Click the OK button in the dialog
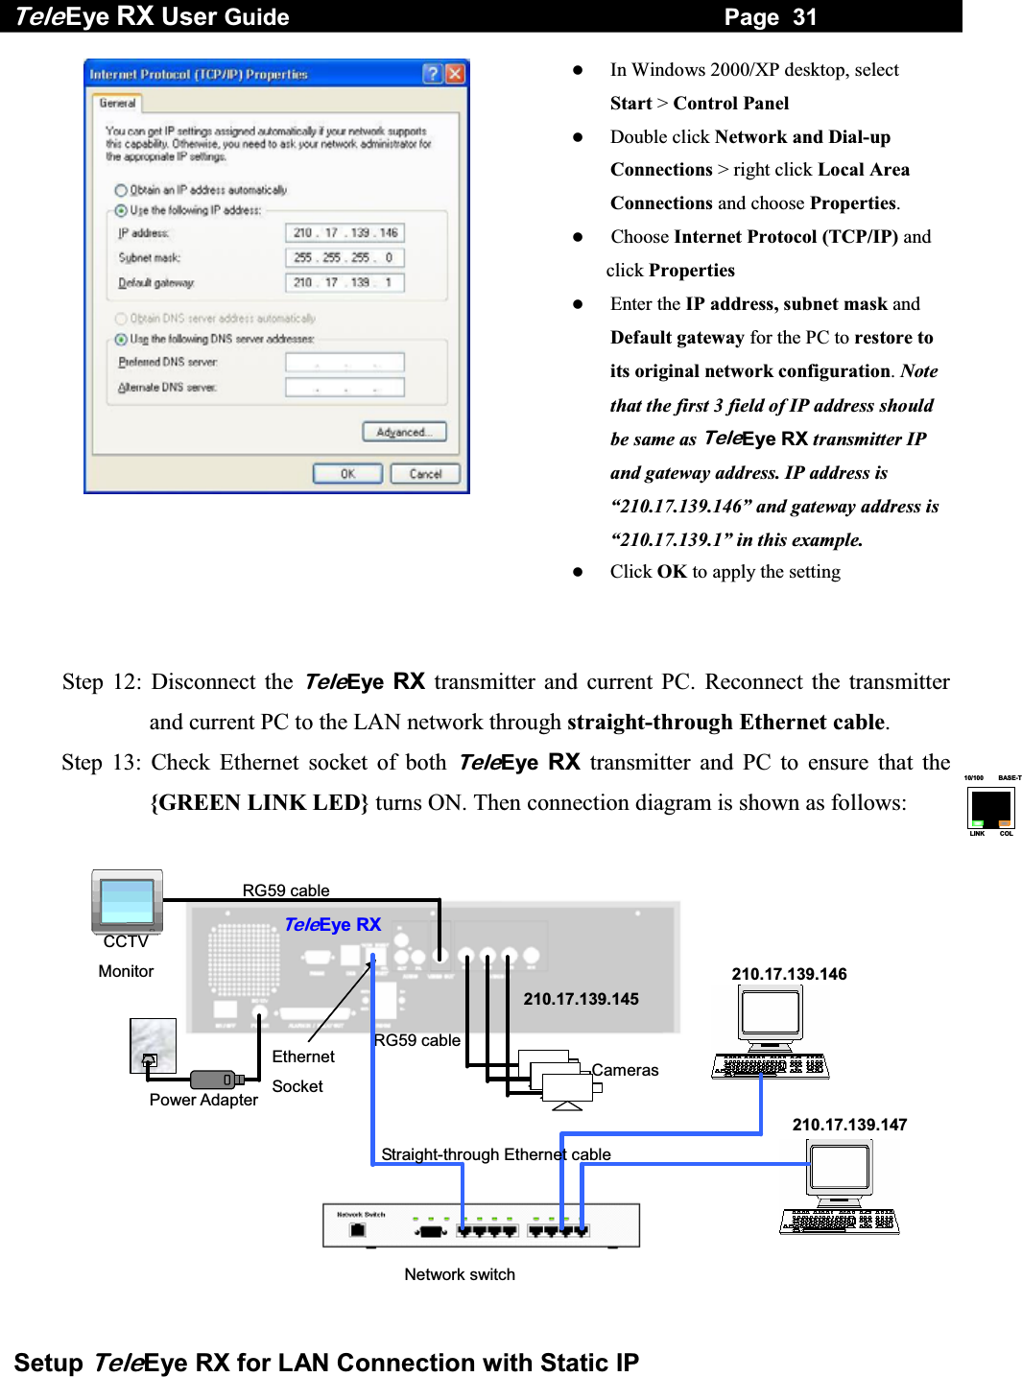[347, 474]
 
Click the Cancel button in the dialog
[425, 474]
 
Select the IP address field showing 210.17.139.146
[345, 233]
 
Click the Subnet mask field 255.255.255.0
[345, 258]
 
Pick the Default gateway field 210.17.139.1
[345, 283]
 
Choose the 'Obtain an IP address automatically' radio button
[121, 190]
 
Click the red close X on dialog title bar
[455, 74]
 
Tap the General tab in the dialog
[117, 104]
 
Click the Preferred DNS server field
[345, 363]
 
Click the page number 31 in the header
[804, 16]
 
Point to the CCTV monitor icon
[127, 901]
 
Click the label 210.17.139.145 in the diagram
[581, 999]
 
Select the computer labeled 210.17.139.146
[770, 1032]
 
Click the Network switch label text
[460, 1274]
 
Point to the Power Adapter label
[203, 1100]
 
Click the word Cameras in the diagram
[625, 1070]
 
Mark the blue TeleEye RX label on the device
[333, 924]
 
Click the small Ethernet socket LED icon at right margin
[991, 808]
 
